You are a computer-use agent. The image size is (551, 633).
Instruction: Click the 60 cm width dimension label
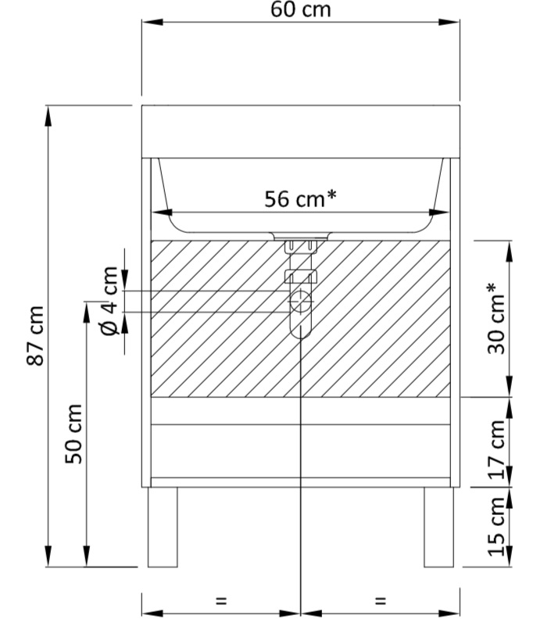(x=301, y=9)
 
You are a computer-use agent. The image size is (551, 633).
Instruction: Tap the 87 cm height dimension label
(x=35, y=335)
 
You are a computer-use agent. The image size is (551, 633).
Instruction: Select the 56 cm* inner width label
(x=300, y=198)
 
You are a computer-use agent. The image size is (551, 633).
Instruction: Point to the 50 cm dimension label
(x=74, y=434)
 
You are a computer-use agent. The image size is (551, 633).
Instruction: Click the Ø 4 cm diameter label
(x=109, y=301)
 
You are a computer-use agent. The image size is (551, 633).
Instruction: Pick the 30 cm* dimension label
(x=496, y=319)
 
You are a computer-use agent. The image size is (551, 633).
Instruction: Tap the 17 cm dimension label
(x=497, y=449)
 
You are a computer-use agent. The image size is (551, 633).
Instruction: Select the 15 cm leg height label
(x=497, y=527)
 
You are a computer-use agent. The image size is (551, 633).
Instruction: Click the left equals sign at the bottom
(x=221, y=601)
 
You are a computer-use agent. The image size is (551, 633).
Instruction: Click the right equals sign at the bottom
(x=381, y=601)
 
